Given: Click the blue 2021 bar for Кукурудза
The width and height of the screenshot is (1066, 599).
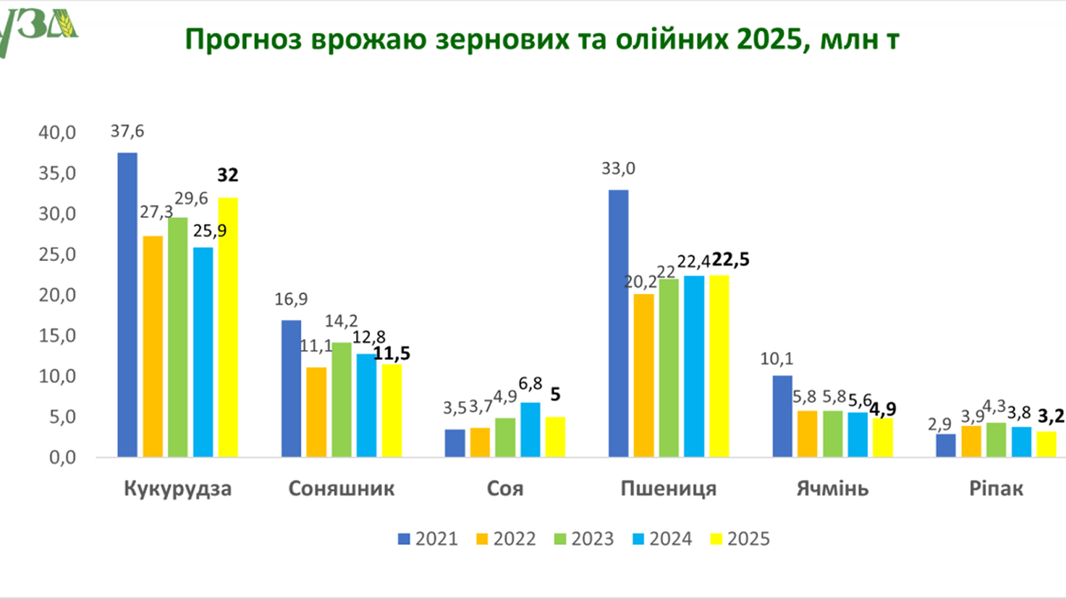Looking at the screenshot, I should tap(127, 304).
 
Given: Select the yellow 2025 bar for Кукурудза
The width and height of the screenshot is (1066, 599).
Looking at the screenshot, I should tap(228, 327).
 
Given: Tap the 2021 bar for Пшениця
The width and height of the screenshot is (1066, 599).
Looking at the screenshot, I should tap(618, 323).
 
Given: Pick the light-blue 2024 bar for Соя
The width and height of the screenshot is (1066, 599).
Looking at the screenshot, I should tap(531, 430).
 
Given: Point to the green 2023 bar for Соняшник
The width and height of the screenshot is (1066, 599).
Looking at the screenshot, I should tap(341, 400).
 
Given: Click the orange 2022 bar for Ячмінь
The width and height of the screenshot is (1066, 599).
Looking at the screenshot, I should tap(807, 434).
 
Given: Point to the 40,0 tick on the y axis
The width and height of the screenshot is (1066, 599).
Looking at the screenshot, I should tap(58, 132).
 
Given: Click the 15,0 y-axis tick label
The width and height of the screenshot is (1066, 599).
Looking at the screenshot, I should tap(58, 336).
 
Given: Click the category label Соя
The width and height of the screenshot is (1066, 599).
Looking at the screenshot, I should tap(505, 489).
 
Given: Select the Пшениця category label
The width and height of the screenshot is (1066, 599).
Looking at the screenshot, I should tap(669, 489).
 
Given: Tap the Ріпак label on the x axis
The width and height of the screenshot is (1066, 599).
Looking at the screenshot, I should tap(996, 489).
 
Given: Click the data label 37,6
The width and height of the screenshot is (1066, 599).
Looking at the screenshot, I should tap(127, 131).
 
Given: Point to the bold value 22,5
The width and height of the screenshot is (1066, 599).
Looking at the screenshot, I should tap(730, 260).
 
